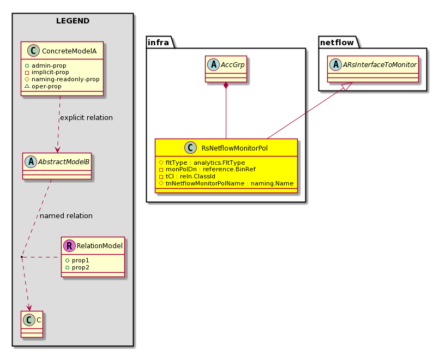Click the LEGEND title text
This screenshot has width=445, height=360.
click(73, 21)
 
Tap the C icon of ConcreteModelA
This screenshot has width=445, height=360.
click(33, 51)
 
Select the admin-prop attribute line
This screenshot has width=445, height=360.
click(46, 65)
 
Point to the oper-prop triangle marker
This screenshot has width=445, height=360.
click(27, 86)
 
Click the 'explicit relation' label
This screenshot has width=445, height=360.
click(86, 117)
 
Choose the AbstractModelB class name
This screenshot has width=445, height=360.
click(64, 162)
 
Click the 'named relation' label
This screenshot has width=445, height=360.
click(66, 216)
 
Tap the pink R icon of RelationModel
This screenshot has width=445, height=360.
click(70, 245)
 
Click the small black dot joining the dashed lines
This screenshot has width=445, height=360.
click(22, 257)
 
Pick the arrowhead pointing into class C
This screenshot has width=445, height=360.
click(29, 308)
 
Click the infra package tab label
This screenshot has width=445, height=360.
click(158, 43)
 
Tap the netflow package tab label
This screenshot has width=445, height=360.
click(337, 43)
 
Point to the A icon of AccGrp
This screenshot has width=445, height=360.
click(214, 64)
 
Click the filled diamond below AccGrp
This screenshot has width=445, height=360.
click(226, 86)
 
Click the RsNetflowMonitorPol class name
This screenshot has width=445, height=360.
click(234, 148)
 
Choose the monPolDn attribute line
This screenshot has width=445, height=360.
click(207, 170)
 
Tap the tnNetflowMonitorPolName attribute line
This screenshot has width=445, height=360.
click(226, 183)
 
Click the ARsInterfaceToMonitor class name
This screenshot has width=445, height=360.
click(380, 65)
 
